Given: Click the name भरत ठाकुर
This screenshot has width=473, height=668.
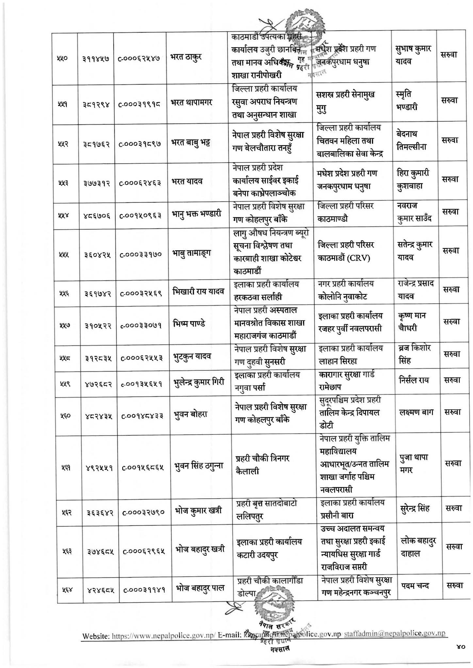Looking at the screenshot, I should (x=186, y=57).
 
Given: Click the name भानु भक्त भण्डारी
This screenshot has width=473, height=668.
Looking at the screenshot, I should (x=196, y=214).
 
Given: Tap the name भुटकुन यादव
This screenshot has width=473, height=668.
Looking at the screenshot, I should (x=192, y=356).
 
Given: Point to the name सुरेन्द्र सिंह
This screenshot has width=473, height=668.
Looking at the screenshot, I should (x=415, y=508).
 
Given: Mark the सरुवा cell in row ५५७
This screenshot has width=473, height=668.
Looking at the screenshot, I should (x=452, y=322).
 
